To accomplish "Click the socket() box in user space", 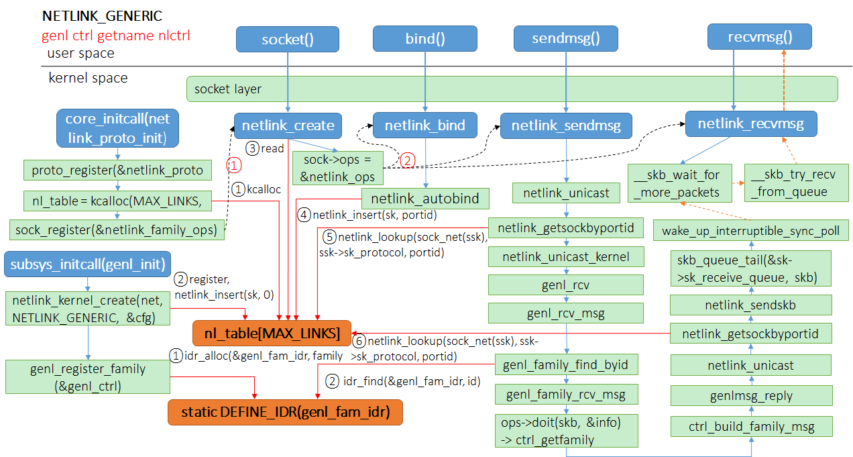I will click(287, 39).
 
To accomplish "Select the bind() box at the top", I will click(424, 38).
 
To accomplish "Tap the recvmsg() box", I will click(760, 36).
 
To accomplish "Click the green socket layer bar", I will click(512, 89).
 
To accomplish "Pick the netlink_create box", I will click(288, 125).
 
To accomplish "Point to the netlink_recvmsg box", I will click(750, 123).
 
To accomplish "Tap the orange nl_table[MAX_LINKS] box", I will click(272, 333).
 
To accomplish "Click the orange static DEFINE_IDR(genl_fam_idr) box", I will click(285, 412).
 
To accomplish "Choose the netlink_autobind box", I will click(425, 198).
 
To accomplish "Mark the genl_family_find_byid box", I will click(566, 364).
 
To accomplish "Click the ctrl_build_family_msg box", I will click(751, 427).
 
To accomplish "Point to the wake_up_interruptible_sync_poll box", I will click(750, 230).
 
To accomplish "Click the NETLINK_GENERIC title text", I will click(102, 15).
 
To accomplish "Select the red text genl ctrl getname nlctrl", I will click(116, 35).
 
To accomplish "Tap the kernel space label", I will click(88, 78).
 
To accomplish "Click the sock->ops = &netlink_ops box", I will click(337, 168).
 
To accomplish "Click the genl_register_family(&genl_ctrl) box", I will click(88, 376).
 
